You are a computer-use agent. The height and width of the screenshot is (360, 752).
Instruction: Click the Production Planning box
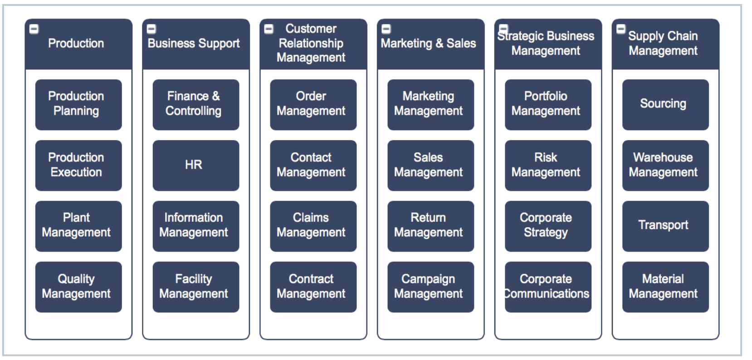click(x=78, y=104)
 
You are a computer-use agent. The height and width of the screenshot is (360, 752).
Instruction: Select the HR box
click(x=195, y=165)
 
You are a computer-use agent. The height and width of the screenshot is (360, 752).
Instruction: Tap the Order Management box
click(x=313, y=104)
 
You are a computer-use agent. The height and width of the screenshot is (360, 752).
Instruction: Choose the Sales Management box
click(x=430, y=165)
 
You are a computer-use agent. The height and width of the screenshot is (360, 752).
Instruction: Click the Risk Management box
click(x=547, y=165)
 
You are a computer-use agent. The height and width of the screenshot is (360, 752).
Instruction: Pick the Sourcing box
click(x=665, y=104)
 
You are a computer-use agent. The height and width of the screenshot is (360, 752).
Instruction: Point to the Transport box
click(x=665, y=226)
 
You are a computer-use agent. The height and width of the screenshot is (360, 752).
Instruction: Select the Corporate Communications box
click(x=547, y=287)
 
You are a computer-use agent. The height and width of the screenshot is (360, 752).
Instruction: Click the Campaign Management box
click(x=430, y=287)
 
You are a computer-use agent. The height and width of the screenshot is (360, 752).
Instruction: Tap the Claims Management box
click(x=313, y=226)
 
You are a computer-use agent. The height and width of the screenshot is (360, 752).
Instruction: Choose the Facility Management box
click(x=195, y=287)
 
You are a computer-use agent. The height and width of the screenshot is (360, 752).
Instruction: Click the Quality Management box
click(x=78, y=287)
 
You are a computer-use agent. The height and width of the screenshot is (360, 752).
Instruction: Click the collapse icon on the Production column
click(x=34, y=29)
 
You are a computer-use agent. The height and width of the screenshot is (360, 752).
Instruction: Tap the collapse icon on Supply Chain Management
click(x=621, y=29)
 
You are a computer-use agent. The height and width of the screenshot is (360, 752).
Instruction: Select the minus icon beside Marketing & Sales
click(x=386, y=29)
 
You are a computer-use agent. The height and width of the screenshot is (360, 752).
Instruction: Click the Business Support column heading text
click(x=194, y=44)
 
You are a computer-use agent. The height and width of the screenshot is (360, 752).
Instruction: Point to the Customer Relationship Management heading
click(x=311, y=43)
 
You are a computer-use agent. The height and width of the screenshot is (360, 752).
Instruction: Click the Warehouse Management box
click(x=665, y=165)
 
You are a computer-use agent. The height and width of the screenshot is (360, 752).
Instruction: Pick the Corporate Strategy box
click(x=547, y=226)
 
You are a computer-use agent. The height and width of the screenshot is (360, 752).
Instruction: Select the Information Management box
click(x=195, y=226)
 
